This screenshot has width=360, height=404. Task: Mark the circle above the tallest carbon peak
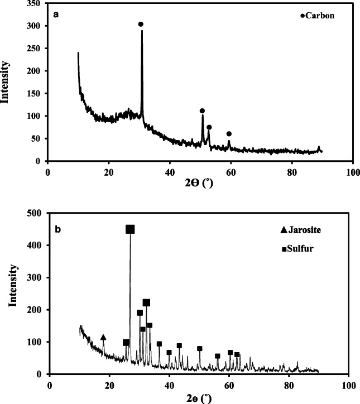[x=141, y=24]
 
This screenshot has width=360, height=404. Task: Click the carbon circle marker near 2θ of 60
[x=229, y=134]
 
